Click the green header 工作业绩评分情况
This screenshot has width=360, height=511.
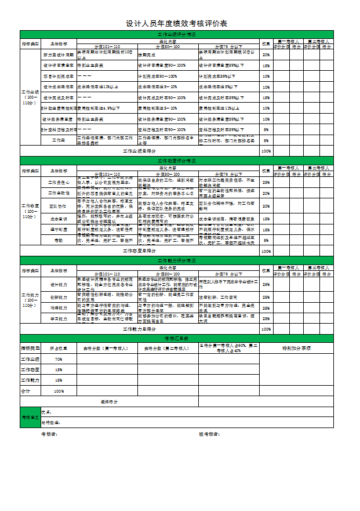tap(176, 34)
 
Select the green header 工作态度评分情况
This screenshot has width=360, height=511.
tap(176, 160)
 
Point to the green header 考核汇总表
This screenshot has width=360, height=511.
tap(176, 338)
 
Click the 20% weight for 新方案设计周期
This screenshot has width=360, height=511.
tap(266, 55)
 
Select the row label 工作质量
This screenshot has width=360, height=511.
tap(59, 140)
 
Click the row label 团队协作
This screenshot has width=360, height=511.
tap(59, 206)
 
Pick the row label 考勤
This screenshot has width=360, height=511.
tap(59, 240)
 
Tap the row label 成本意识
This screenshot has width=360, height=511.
tap(59, 219)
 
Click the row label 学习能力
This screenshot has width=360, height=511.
tap(59, 318)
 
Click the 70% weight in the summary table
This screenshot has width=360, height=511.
tap(59, 360)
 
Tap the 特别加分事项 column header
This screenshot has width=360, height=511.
tap(296, 348)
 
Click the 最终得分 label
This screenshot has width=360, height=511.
tap(110, 401)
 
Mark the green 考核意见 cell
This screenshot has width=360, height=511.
tap(30, 417)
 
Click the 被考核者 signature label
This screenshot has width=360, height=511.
tap(209, 434)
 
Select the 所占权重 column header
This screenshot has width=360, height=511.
tap(59, 348)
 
